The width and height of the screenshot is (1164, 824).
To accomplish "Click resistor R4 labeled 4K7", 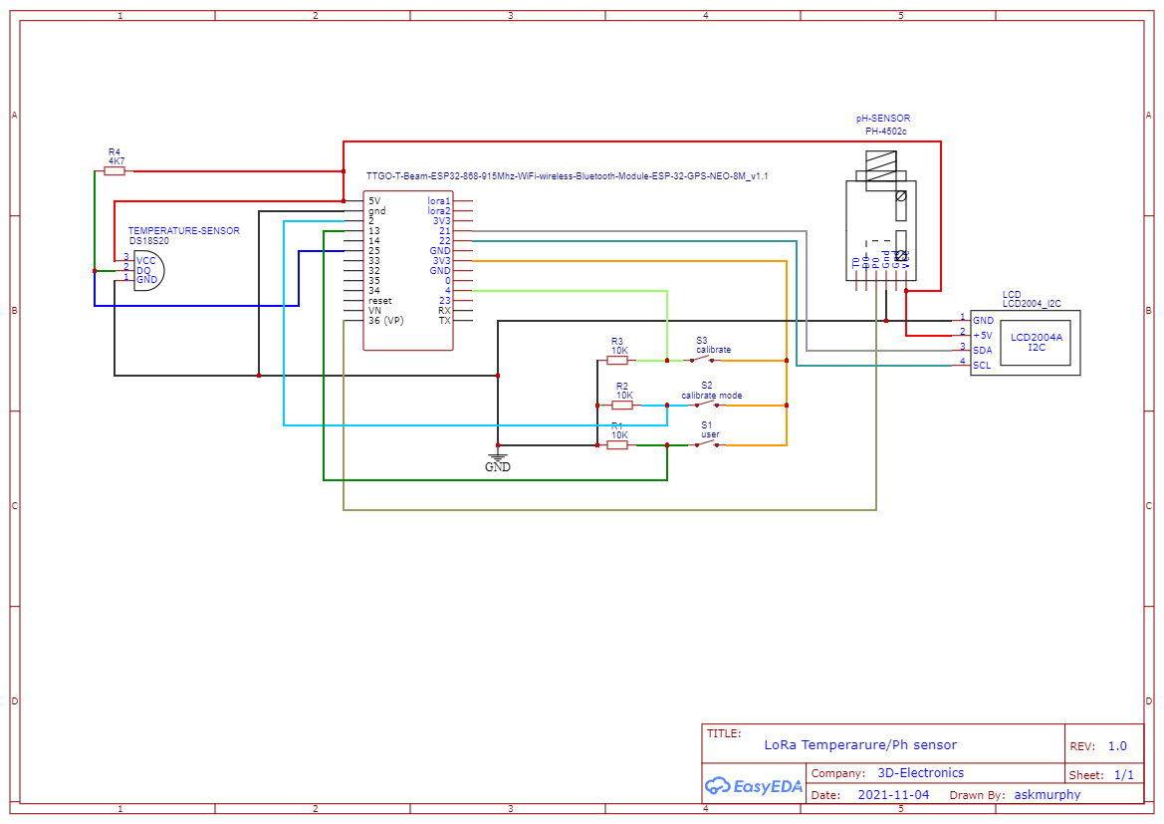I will pos(115,171).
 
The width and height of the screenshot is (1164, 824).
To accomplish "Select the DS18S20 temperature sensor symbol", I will pos(146,270).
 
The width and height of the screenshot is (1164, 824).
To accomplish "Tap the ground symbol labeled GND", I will pos(498,460).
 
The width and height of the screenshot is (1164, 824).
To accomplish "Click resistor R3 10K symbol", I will pos(617,361).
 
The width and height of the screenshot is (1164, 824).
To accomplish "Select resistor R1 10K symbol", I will pos(617,445).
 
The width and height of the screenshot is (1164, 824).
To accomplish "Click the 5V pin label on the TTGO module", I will pos(374,201).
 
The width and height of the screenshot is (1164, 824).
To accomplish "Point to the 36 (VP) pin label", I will pos(386,321).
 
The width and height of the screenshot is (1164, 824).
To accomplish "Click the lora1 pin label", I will pos(438,201).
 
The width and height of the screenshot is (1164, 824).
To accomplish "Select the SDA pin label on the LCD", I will pos(983,351).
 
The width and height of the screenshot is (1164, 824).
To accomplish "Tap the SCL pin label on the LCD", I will pos(983,365).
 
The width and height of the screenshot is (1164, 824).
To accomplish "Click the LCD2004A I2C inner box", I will pos(1036,342).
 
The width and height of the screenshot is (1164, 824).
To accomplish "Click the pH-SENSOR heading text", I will pos(882,119).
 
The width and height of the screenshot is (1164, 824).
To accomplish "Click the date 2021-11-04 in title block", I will pos(892,795).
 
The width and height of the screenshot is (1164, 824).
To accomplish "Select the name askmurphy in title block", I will pos(1047,795).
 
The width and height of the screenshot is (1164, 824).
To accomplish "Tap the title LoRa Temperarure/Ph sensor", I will pos(860,745).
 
